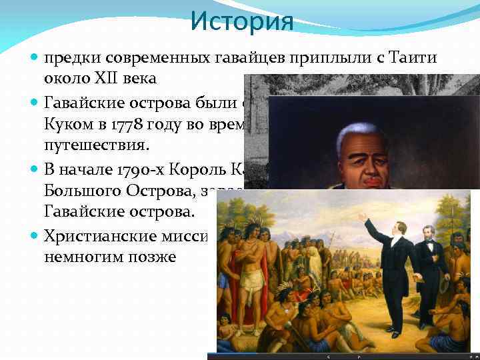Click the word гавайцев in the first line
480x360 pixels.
(x=217, y=58)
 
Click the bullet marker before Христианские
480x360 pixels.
(x=35, y=236)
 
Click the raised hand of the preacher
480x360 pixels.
(x=363, y=217)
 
